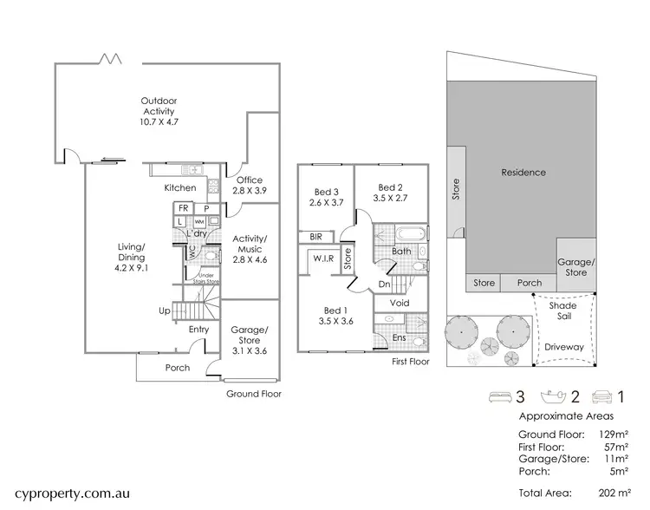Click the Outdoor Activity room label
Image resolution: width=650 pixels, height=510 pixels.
[158, 111]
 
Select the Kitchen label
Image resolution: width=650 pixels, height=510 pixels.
[180, 188]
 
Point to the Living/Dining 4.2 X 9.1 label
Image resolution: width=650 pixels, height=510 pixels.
[132, 257]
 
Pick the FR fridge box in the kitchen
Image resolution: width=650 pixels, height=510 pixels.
[183, 208]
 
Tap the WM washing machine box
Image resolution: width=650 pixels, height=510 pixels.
[199, 222]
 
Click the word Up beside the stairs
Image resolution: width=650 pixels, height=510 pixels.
[164, 310]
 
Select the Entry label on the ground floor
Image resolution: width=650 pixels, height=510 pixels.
[198, 329]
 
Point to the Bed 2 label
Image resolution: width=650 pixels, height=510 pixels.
[391, 193]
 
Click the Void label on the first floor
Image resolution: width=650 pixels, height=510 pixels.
[400, 304]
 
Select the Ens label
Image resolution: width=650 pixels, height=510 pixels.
[400, 337]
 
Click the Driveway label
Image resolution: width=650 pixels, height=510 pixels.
[563, 347]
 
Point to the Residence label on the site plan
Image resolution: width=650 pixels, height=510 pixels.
[523, 172]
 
